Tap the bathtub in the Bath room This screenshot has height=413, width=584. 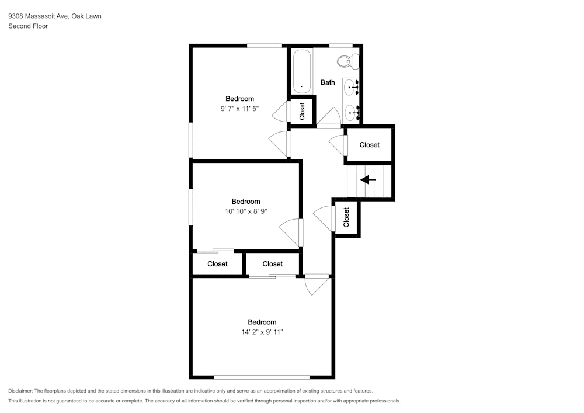[x=302, y=71]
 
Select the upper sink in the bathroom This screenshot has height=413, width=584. [x=351, y=88]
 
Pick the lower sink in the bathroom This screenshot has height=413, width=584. [x=351, y=111]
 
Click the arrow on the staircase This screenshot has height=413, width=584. [x=368, y=180]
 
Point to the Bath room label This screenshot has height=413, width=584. [x=328, y=82]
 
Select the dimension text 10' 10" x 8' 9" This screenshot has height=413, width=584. [x=245, y=211]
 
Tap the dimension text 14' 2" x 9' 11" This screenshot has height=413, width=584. [x=262, y=332]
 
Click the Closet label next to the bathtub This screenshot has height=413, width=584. [x=302, y=111]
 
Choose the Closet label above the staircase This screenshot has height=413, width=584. [x=369, y=145]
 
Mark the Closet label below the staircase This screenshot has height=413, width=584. [x=346, y=217]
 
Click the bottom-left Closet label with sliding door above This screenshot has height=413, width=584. [x=217, y=264]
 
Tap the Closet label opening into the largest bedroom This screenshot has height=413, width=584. [x=272, y=264]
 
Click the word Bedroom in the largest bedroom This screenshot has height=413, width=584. [x=262, y=322]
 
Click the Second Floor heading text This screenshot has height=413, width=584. [x=28, y=26]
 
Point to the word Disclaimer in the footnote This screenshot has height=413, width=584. [x=20, y=391]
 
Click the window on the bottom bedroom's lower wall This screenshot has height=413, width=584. [x=262, y=377]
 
